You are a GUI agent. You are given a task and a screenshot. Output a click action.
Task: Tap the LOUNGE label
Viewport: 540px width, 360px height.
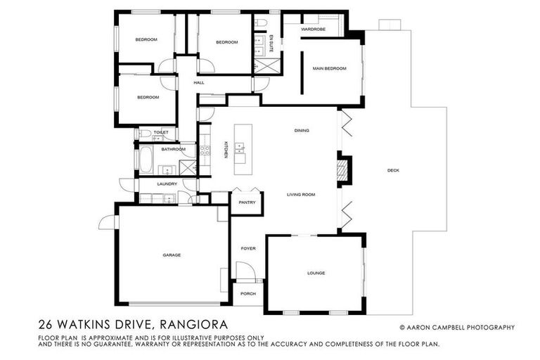pos(316,273)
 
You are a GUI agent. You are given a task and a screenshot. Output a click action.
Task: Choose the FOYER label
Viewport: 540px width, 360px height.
pos(247,248)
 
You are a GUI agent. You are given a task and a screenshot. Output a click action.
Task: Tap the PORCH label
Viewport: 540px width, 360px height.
pos(247,293)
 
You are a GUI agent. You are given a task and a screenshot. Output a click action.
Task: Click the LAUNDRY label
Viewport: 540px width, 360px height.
pos(167,184)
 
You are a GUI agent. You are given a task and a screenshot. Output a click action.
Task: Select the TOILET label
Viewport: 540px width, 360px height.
pos(161,132)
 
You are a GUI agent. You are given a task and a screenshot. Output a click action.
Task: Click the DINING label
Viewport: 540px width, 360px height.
pos(302,131)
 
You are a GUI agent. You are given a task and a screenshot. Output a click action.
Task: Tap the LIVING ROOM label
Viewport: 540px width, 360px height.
pos(300,195)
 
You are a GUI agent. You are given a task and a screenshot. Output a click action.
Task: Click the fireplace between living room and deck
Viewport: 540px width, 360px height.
pos(344,170)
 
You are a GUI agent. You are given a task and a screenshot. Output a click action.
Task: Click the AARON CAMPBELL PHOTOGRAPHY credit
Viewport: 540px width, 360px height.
pos(457,327)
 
